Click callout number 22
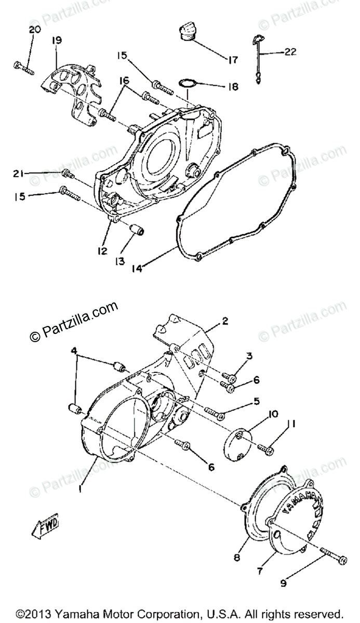[290, 52]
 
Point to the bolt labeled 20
[22, 67]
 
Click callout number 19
[57, 40]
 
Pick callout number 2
[224, 321]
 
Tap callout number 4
[75, 350]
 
